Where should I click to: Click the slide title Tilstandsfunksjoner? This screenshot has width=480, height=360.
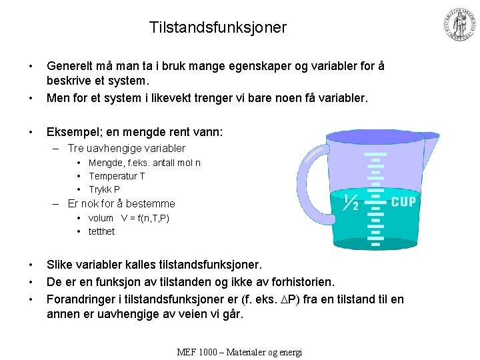[218, 27]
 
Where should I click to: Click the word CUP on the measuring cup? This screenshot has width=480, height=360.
[403, 202]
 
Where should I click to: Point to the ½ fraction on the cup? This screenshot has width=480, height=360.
[351, 202]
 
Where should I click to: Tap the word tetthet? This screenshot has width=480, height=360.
[101, 231]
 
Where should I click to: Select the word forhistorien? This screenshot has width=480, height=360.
[298, 282]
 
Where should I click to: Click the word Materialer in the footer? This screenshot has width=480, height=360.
[251, 352]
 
